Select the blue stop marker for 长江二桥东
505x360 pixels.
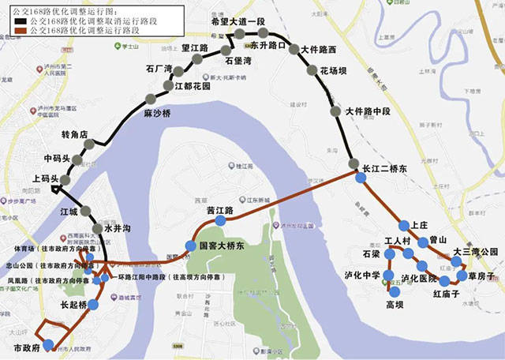(361, 178)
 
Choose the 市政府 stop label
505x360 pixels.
(28, 347)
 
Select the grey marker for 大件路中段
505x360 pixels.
(339, 111)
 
